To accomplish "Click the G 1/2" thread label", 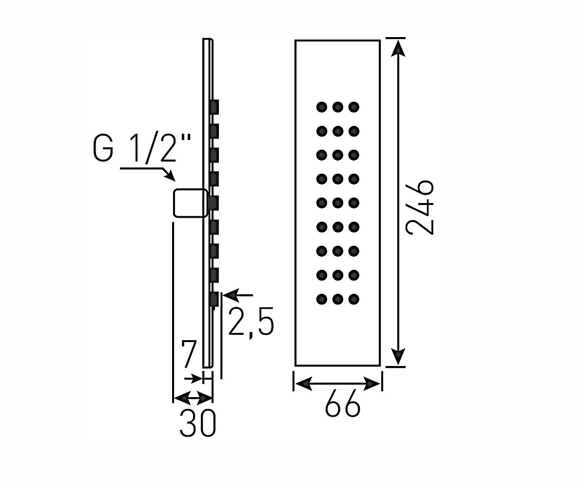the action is point(142,147).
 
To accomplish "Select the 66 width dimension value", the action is point(342,403).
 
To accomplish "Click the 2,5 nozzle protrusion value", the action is point(251,323).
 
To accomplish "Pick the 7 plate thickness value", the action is point(189,354).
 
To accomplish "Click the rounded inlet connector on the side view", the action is point(191,203).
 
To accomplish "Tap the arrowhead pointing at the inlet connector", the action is point(171,176).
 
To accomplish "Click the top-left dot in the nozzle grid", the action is point(322,107).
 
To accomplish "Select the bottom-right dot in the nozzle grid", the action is point(354,299).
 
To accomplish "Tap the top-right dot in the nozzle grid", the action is point(354,107).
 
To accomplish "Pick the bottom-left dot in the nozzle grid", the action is point(322,299).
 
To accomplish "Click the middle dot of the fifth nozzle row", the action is point(338,203).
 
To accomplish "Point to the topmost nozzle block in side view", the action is point(214,107).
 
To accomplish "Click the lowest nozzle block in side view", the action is point(214,299).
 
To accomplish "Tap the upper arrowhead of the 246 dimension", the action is point(398,48).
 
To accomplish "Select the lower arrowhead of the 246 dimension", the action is point(398,356).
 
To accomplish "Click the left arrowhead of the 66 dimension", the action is point(304,384).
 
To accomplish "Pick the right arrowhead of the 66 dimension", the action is point(371,384).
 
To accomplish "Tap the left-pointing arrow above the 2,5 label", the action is point(238,295).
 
